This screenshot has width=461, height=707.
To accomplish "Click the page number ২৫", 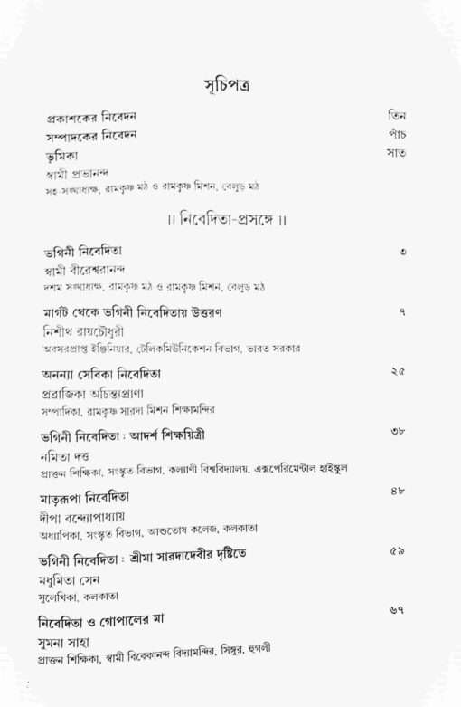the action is coord(399,371).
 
